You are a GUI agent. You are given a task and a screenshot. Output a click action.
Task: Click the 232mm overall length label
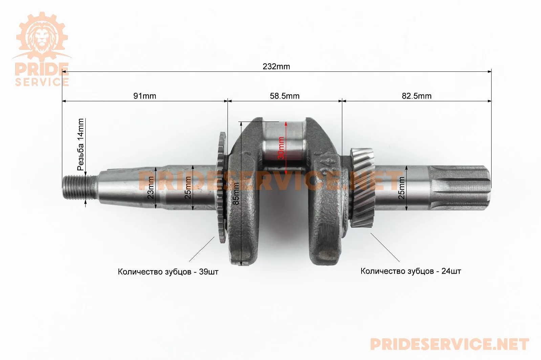[x=276, y=66]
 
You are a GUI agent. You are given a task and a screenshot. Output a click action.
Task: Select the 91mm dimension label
[x=145, y=96]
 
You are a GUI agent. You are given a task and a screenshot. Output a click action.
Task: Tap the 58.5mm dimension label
[x=284, y=96]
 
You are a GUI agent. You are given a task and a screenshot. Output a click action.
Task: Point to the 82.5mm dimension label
[x=417, y=96]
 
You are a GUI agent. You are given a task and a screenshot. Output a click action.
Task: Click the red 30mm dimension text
[x=281, y=148]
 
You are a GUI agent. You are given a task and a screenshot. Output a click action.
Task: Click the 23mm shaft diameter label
[x=150, y=188]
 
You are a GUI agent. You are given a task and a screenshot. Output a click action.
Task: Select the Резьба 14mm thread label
[x=81, y=145]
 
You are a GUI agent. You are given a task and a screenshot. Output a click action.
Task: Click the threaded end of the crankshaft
[x=79, y=188]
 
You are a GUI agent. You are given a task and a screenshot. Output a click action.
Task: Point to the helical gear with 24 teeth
[x=362, y=188]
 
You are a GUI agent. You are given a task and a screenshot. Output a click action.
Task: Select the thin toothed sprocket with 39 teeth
[x=221, y=187]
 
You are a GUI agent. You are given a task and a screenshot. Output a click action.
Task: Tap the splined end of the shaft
[x=460, y=188]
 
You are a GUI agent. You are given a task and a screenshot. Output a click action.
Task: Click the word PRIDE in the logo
[x=42, y=69]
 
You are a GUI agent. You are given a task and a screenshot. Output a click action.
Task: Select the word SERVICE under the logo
[x=42, y=82]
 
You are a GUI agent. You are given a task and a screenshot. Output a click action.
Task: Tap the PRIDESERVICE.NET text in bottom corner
[x=450, y=344]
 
